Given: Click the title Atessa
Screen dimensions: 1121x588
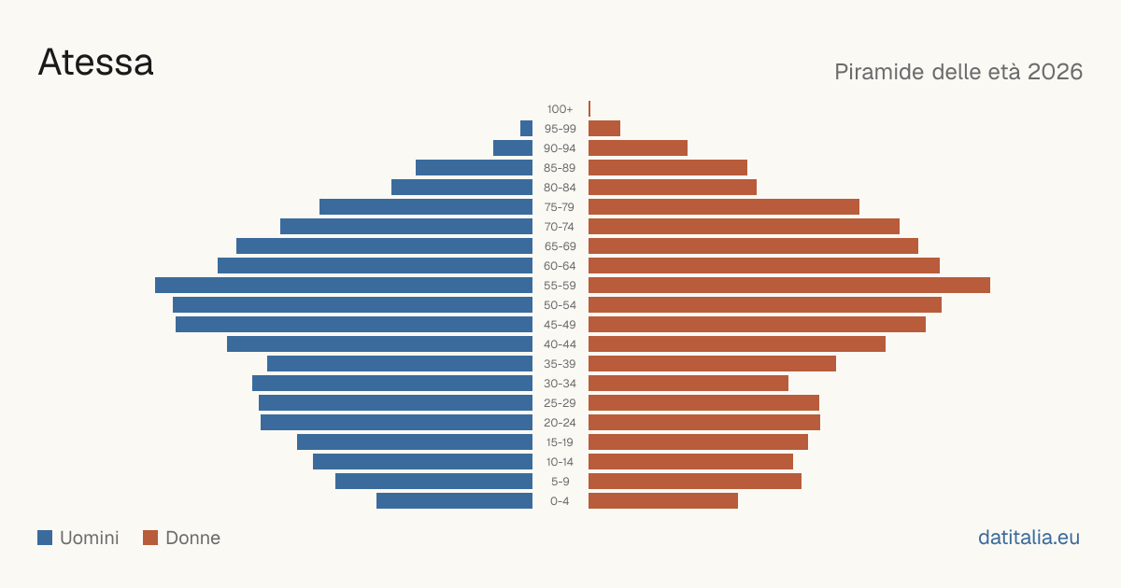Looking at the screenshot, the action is pos(95,63).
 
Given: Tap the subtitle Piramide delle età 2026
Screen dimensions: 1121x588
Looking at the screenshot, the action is pos(958,72).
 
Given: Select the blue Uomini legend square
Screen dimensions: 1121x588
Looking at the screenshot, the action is pos(45,538).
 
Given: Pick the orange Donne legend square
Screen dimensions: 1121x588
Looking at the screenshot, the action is pos(150,538).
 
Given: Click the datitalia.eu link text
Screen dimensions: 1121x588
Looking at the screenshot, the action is pos(1029,538).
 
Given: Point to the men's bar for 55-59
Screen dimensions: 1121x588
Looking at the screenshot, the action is pos(344,285).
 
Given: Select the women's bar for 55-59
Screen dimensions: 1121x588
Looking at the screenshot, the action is pos(789,285).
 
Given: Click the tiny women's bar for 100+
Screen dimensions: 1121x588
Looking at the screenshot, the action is pos(589,108).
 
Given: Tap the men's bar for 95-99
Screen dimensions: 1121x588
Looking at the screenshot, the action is pos(527,128).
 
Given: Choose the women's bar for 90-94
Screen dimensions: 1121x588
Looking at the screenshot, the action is pos(638,148).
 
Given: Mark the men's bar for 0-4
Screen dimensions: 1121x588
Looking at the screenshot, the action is pos(454,500).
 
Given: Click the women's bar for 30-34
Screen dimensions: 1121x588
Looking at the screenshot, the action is pos(688,383).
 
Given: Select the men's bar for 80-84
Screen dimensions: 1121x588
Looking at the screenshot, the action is pos(461,187).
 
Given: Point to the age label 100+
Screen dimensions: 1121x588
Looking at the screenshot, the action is pos(560,109).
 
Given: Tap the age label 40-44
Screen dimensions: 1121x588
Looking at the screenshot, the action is pos(560,344).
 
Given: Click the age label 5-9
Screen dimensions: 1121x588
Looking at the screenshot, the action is pos(560,481).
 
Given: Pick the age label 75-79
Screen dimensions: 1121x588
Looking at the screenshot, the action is pos(560,207).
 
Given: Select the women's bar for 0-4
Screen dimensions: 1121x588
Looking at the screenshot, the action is pos(663,500).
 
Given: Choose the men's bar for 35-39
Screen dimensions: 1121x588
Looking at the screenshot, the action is pos(400,363).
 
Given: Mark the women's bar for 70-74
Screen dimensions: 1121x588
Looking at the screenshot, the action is pos(744,227).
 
